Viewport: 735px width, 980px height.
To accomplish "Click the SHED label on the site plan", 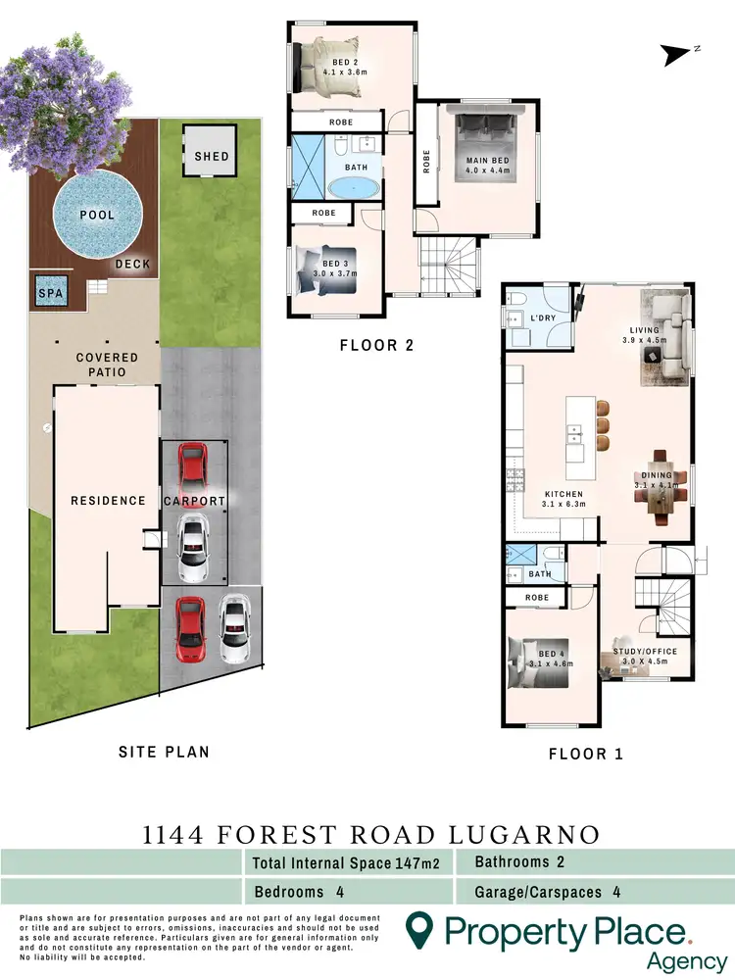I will click(x=211, y=156).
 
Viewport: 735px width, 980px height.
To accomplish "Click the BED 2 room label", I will click(x=344, y=66).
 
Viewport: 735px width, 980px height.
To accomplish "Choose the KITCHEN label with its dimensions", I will click(x=564, y=500).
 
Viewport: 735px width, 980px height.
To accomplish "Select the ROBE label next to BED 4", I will click(x=536, y=597).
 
